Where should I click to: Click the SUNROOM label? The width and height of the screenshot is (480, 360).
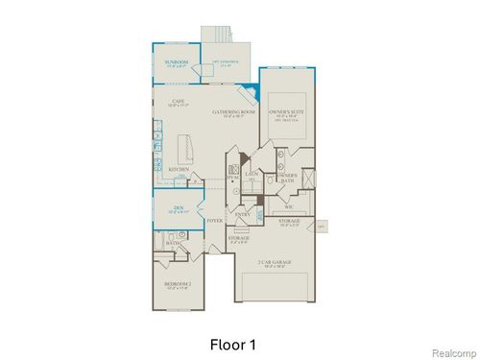[x=177, y=62]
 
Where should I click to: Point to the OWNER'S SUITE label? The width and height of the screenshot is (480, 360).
[x=286, y=112]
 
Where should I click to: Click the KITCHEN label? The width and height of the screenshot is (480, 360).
[x=178, y=170]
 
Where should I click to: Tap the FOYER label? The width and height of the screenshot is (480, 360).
[x=215, y=220]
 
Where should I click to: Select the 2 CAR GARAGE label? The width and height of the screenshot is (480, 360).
[x=275, y=261]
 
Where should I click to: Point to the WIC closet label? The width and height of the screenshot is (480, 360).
[x=288, y=206]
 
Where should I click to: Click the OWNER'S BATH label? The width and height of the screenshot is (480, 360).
[x=286, y=178]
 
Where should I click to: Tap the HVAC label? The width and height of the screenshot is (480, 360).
[x=233, y=179]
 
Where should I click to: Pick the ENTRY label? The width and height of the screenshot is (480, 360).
[x=243, y=214]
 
